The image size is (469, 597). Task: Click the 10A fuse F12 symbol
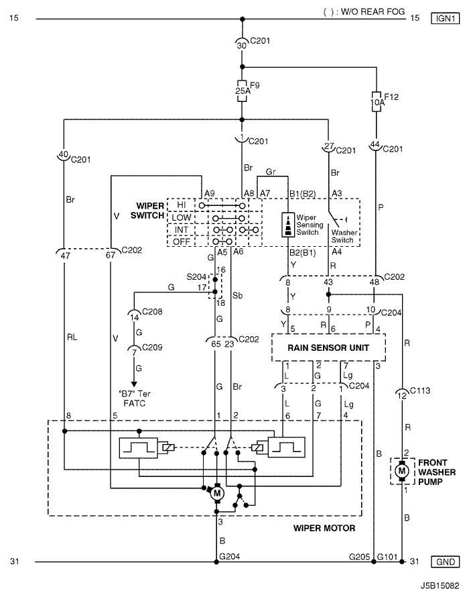pos(377,101)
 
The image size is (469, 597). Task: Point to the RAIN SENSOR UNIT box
pos(328,347)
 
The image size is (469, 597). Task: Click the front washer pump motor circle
pos(402,472)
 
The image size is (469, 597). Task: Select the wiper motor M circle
pos(217,493)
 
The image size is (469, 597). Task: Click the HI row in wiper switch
pos(181,204)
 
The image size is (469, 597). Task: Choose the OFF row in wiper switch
pos(181,241)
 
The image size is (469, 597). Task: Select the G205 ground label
pos(360,556)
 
